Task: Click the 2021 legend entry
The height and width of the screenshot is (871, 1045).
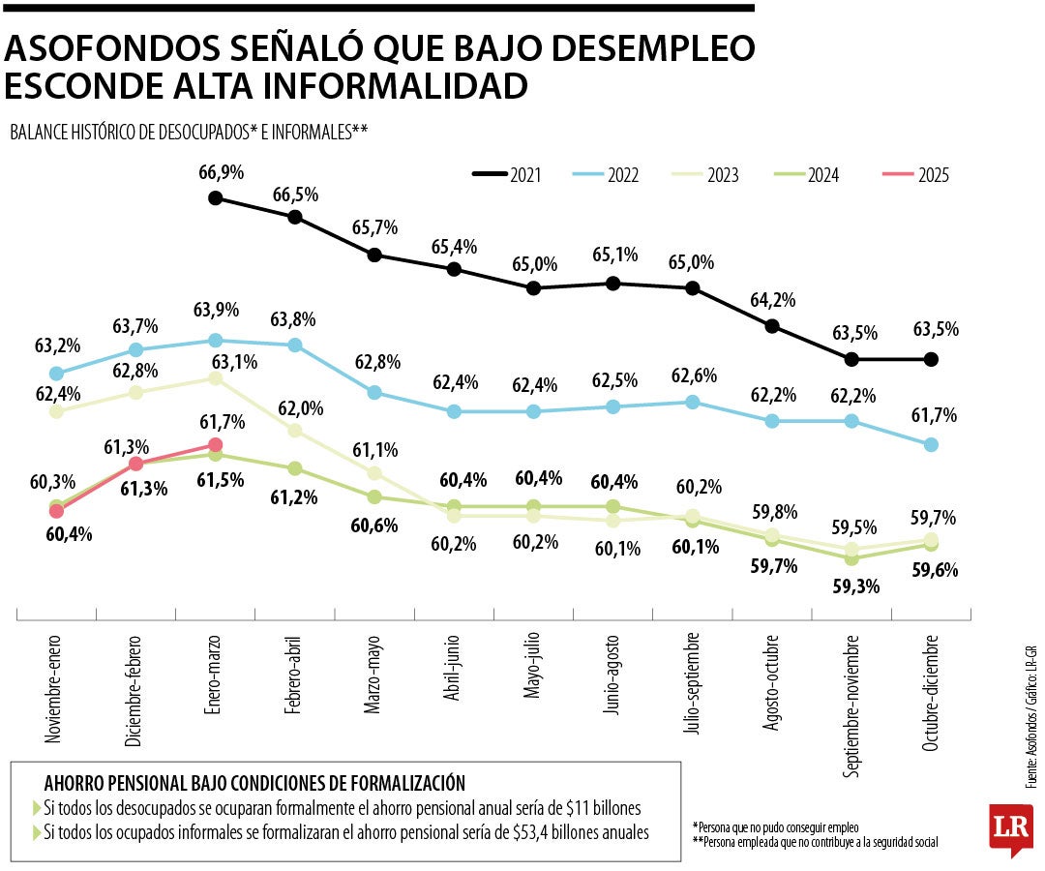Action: (x=507, y=175)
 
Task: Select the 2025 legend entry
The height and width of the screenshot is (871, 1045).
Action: (x=915, y=175)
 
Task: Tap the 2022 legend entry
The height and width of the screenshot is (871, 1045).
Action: (x=610, y=175)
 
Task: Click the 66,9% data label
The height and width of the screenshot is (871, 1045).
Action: (x=221, y=173)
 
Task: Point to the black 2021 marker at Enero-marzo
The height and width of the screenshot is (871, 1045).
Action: (x=216, y=198)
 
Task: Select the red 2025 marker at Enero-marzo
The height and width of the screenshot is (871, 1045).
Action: (x=216, y=445)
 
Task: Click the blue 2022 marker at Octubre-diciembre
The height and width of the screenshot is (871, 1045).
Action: (x=931, y=445)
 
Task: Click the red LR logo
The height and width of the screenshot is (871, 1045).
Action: (x=1010, y=828)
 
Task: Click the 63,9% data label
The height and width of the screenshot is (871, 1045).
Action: (x=217, y=311)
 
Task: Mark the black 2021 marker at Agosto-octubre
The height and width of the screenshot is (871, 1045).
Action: (x=772, y=326)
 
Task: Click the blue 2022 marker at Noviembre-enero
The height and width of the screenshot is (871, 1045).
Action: (x=56, y=374)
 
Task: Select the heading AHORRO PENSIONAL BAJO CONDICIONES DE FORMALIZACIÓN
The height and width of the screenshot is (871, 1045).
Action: (x=254, y=782)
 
